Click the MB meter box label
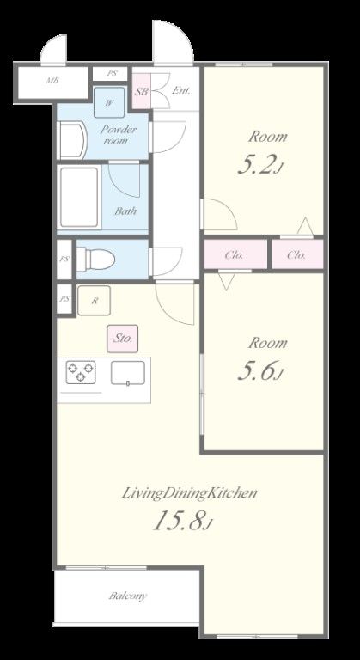point(52,80)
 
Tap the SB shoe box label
point(142,91)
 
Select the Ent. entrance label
point(181,90)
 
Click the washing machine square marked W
point(109,102)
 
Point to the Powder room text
point(119,135)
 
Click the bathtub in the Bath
point(79,197)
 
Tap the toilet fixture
point(95,259)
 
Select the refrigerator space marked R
point(94,301)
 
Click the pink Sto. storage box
point(123,339)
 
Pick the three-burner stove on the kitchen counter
point(81,372)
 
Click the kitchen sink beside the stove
point(128,373)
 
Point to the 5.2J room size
point(259,165)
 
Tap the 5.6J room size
point(259,371)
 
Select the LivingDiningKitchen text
point(189,492)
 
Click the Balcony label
point(128,596)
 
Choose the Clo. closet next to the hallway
point(234,254)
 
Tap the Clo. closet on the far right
point(297,254)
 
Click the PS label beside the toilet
point(64,260)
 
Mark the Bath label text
point(125,211)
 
